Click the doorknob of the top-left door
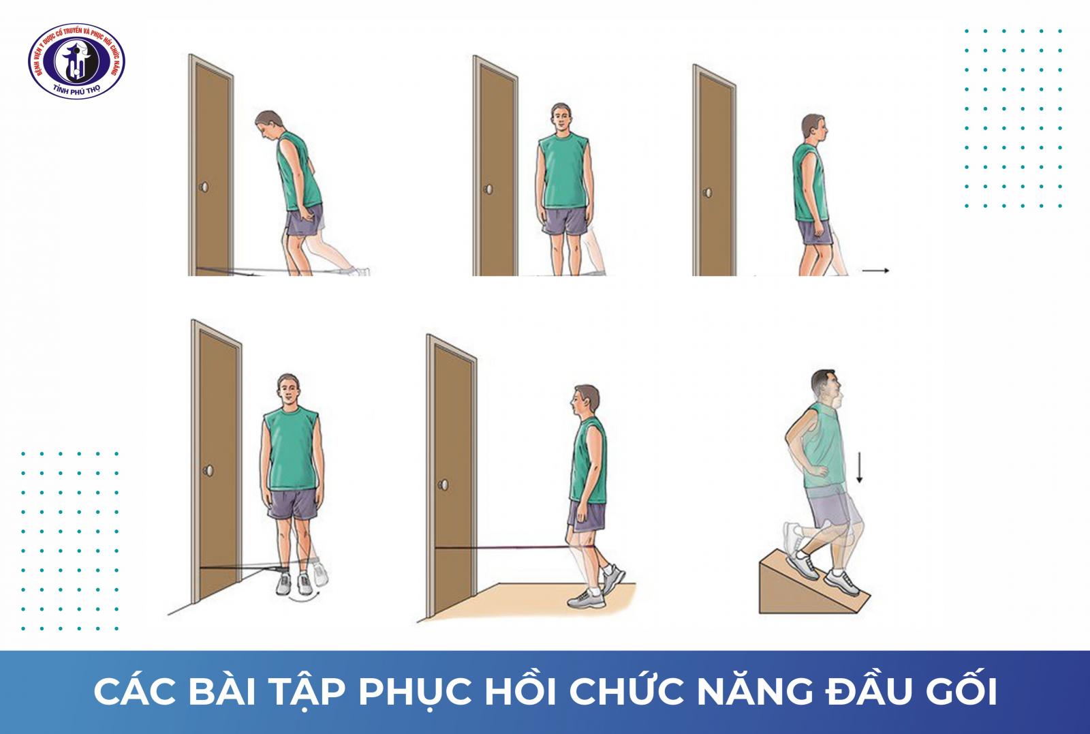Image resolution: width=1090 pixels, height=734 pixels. coord(202,187)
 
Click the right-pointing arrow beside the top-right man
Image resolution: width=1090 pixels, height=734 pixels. coord(875,271)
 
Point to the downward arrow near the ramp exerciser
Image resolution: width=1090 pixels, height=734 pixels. coord(860,470)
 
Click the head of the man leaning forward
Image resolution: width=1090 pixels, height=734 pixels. coord(267,127)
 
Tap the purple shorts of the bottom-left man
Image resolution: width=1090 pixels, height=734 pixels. coord(292,505)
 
